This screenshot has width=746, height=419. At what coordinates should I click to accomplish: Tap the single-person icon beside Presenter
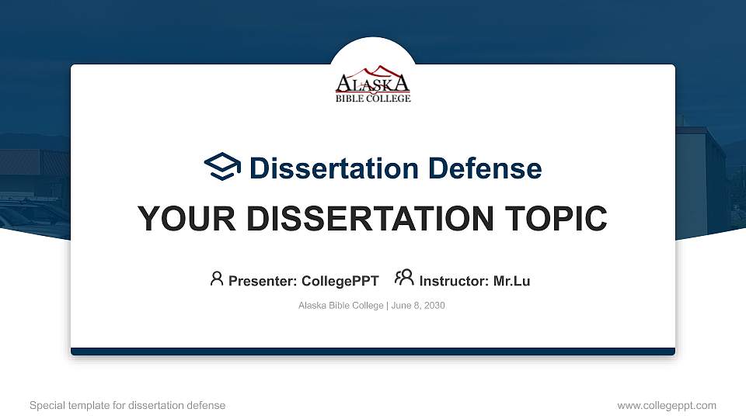(217, 279)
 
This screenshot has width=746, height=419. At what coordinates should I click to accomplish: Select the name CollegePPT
(340, 281)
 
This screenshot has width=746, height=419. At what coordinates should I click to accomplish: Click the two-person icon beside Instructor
(404, 278)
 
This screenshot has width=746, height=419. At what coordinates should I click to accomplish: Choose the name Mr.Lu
(511, 281)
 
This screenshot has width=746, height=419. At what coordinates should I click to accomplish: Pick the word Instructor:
(455, 281)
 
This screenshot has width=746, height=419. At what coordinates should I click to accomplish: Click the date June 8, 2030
(418, 306)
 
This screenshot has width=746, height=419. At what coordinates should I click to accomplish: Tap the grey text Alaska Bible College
(340, 306)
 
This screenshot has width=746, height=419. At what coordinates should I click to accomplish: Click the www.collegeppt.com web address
(667, 405)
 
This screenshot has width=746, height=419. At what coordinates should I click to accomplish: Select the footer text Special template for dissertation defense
(127, 405)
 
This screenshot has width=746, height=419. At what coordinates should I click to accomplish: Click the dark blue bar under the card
(373, 351)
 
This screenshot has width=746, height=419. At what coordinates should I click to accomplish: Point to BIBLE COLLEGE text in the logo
(373, 99)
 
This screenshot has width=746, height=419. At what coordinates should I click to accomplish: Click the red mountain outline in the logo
(373, 71)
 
